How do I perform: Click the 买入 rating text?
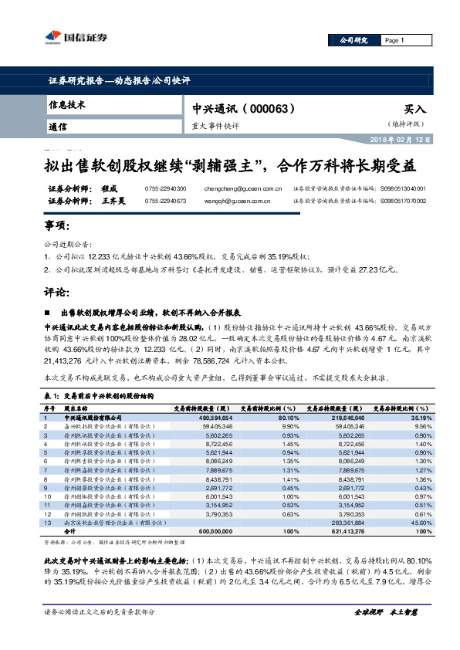pyautogui.click(x=414, y=110)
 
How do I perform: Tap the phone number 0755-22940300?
pyautogui.click(x=165, y=188)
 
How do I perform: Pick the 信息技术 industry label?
pyautogui.click(x=67, y=104)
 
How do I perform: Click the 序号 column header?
pyautogui.click(x=49, y=408)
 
